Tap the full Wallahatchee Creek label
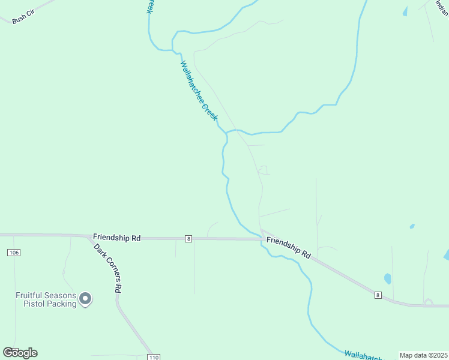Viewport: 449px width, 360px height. pos(199,91)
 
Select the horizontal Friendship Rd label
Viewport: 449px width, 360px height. pos(116,238)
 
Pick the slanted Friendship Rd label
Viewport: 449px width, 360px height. pos(288,247)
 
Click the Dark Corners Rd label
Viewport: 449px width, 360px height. pos(107,267)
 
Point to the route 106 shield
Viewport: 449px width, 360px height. pos(14,253)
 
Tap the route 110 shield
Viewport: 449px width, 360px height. pos(154,357)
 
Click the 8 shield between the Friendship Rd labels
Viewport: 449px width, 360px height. pos(188,239)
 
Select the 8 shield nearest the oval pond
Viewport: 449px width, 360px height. pos(378,295)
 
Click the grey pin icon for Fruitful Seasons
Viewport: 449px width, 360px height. pos(85,298)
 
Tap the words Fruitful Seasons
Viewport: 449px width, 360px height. pos(46,295)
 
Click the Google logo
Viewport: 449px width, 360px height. pos(20,353)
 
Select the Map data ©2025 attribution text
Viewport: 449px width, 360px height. pos(423,355)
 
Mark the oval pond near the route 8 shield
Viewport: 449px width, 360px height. pos(388,278)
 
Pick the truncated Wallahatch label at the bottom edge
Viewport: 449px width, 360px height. pos(363,355)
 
